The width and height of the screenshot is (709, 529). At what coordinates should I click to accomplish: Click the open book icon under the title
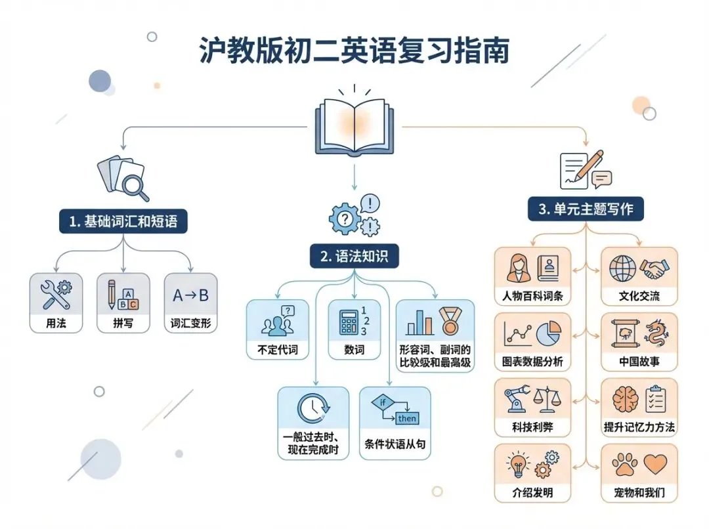354,125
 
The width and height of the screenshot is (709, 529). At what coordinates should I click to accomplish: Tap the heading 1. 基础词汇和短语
123,222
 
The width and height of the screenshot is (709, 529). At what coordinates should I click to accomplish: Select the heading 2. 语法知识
354,256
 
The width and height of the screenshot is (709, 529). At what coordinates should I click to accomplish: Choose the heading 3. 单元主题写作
586,209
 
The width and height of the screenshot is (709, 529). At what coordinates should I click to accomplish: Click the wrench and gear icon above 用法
56,295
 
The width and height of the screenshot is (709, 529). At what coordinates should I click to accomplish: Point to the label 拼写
123,324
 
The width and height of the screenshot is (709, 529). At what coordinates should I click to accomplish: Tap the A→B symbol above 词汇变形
190,295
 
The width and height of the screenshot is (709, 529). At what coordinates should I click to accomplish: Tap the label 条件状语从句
395,444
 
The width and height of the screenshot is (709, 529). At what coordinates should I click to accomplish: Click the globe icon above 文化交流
622,268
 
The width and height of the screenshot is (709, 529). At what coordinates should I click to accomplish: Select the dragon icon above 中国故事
656,333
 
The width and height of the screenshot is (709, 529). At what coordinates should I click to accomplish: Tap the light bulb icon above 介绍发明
518,465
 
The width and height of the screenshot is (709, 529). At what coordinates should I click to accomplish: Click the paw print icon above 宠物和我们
624,465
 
